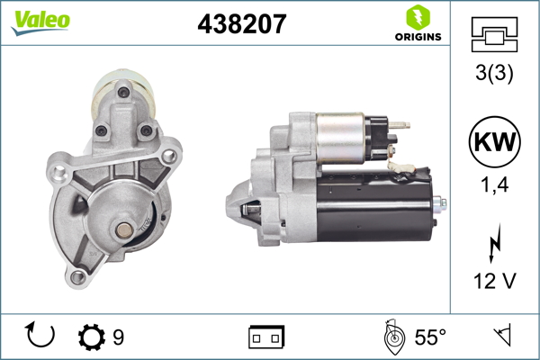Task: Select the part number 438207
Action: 241,24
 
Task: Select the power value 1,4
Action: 495,186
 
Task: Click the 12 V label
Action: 495,282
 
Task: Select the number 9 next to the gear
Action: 118,337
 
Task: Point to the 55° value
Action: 430,337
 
